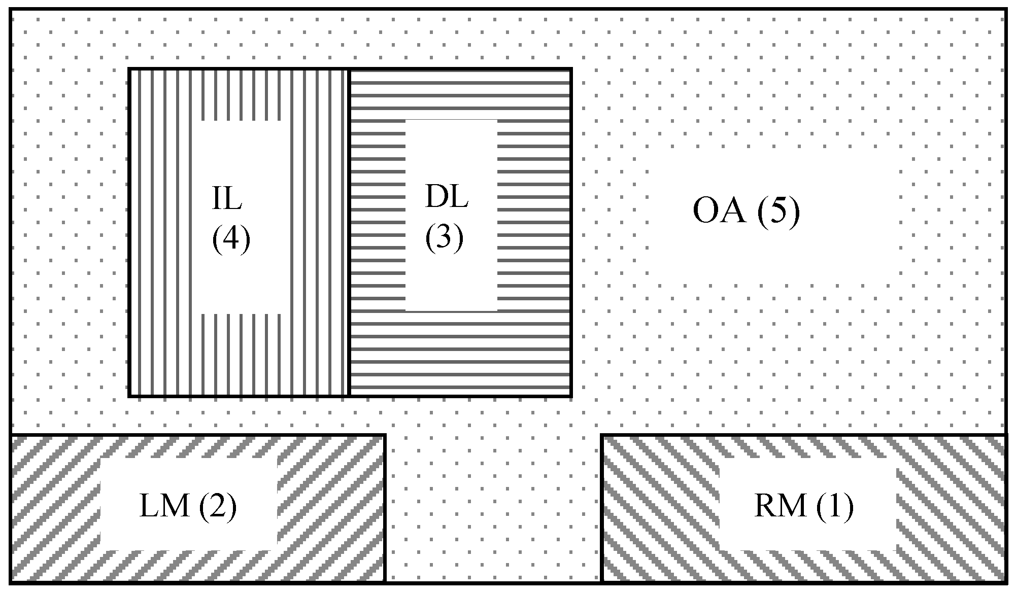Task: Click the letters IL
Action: point(227,199)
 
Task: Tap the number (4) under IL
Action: point(231,237)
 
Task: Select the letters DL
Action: point(446,197)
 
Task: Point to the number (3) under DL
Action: point(444,237)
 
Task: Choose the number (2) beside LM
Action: point(218,506)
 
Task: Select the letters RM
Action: point(780,506)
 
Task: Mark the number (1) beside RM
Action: point(835,506)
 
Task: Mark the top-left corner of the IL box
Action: point(129,69)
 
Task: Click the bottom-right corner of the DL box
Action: point(571,395)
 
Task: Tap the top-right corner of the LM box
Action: point(385,435)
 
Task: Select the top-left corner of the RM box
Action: point(602,435)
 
